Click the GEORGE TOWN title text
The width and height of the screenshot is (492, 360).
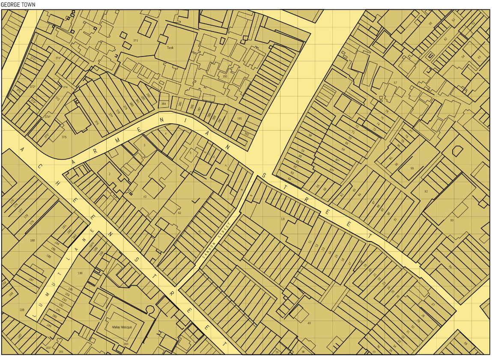tap(18, 5)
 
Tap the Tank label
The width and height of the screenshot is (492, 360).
tap(170, 48)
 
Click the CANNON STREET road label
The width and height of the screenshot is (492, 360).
tap(217, 242)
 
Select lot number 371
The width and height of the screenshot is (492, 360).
tap(135, 40)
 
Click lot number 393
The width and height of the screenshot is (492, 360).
tap(224, 77)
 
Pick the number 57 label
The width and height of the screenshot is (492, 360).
tap(395, 83)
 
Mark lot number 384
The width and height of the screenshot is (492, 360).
tap(163, 104)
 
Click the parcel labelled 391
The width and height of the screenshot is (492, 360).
tap(239, 118)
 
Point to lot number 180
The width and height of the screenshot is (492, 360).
tap(33, 240)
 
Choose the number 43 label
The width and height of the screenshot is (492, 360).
tap(145, 196)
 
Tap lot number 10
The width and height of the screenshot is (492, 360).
tap(283, 219)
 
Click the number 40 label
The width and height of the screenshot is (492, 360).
tap(309, 323)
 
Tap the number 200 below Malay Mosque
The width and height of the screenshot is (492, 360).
tap(125, 344)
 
